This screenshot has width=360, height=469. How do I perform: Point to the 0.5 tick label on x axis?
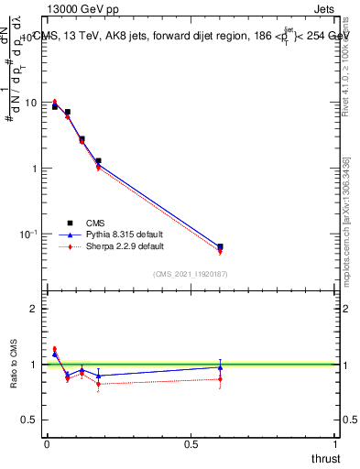pos(191,445)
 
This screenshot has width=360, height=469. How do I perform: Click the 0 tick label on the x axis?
pos(47,445)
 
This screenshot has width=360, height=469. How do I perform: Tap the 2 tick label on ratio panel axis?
pos(34,309)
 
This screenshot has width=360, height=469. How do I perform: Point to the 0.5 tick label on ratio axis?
pos(30,420)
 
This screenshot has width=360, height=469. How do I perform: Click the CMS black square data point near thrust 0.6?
pos(220,246)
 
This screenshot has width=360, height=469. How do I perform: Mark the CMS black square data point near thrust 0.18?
pos(98,161)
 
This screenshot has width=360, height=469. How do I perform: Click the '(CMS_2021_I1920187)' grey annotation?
pos(190,273)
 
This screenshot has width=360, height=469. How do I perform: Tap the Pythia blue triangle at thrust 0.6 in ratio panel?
pos(220,367)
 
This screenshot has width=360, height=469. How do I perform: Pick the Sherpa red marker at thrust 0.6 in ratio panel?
pos(220,378)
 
